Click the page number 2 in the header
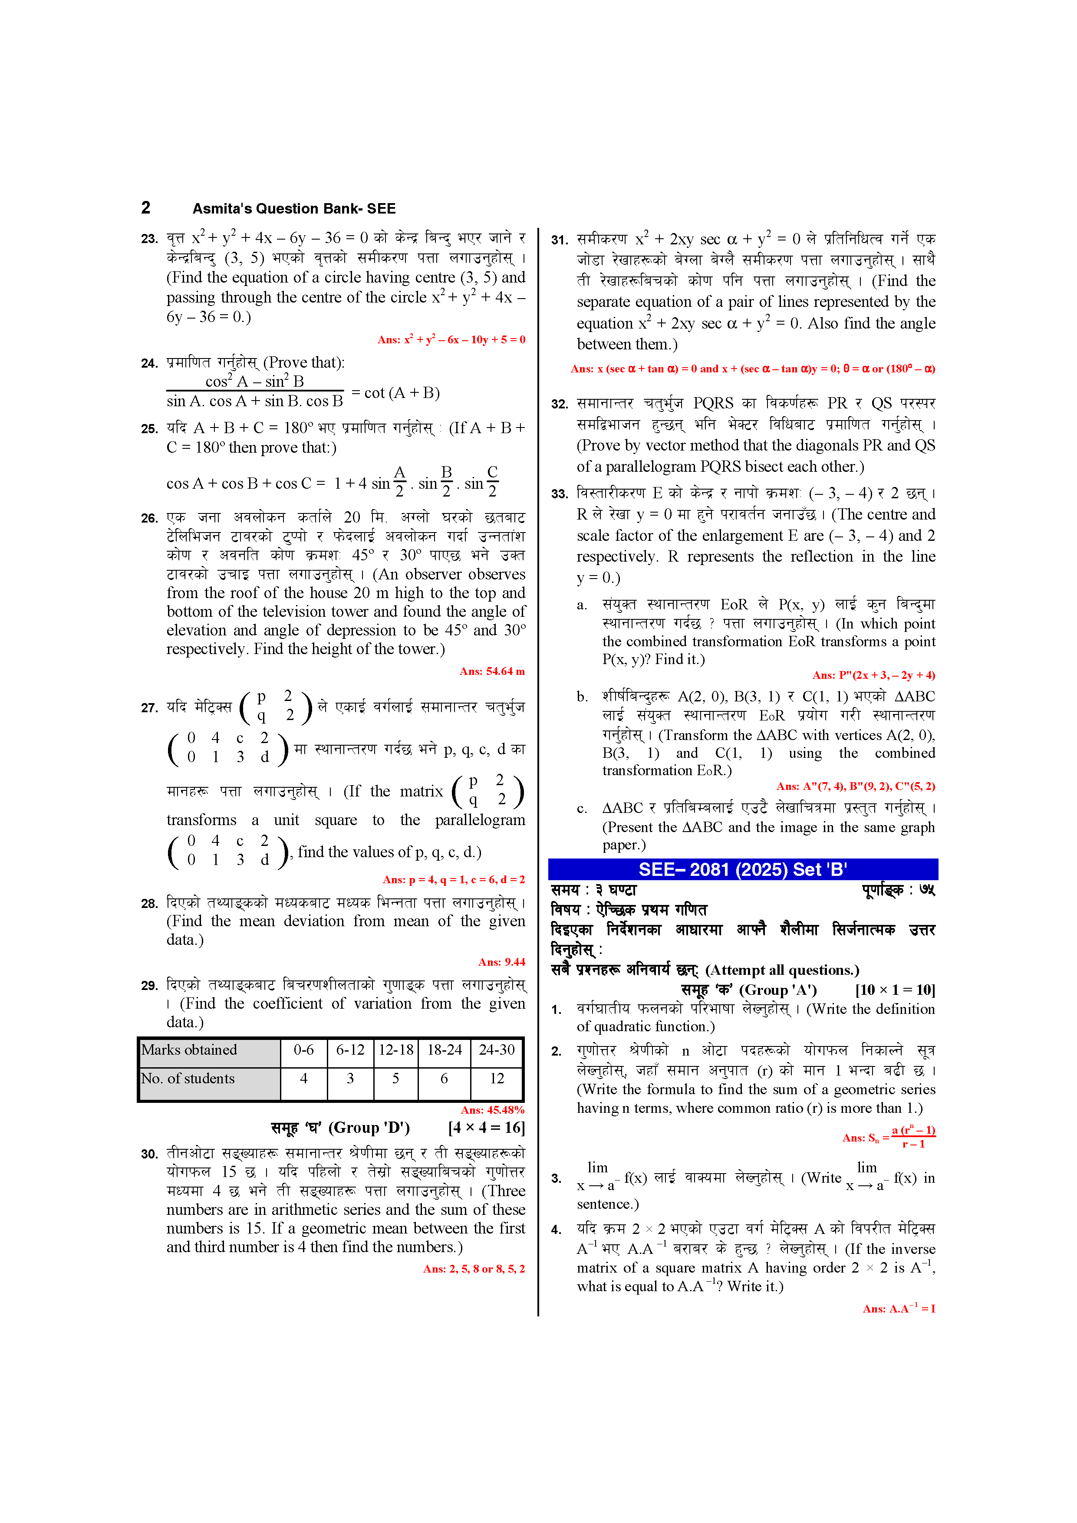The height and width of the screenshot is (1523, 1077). click(146, 207)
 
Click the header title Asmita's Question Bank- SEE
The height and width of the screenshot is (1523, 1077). click(294, 208)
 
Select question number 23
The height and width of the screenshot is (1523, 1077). click(149, 239)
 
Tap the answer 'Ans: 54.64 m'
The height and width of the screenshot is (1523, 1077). click(492, 671)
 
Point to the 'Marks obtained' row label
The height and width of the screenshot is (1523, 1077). click(189, 1050)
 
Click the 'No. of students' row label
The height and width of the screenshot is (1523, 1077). click(188, 1079)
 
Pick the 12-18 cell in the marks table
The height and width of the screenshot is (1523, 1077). click(396, 1050)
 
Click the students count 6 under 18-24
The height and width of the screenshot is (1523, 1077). click(444, 1079)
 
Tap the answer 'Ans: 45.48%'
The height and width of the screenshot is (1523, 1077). click(492, 1110)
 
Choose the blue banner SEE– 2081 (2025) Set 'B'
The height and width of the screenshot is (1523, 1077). click(743, 869)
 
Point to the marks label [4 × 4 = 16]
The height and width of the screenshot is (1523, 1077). click(487, 1128)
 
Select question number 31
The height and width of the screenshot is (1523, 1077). click(560, 240)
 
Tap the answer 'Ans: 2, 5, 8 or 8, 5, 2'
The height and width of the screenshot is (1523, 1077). click(474, 1269)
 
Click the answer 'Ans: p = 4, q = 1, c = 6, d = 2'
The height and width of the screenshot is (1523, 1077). click(454, 880)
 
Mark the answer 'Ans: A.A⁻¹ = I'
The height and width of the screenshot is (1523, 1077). click(899, 1309)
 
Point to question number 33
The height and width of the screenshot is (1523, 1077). click(560, 494)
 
